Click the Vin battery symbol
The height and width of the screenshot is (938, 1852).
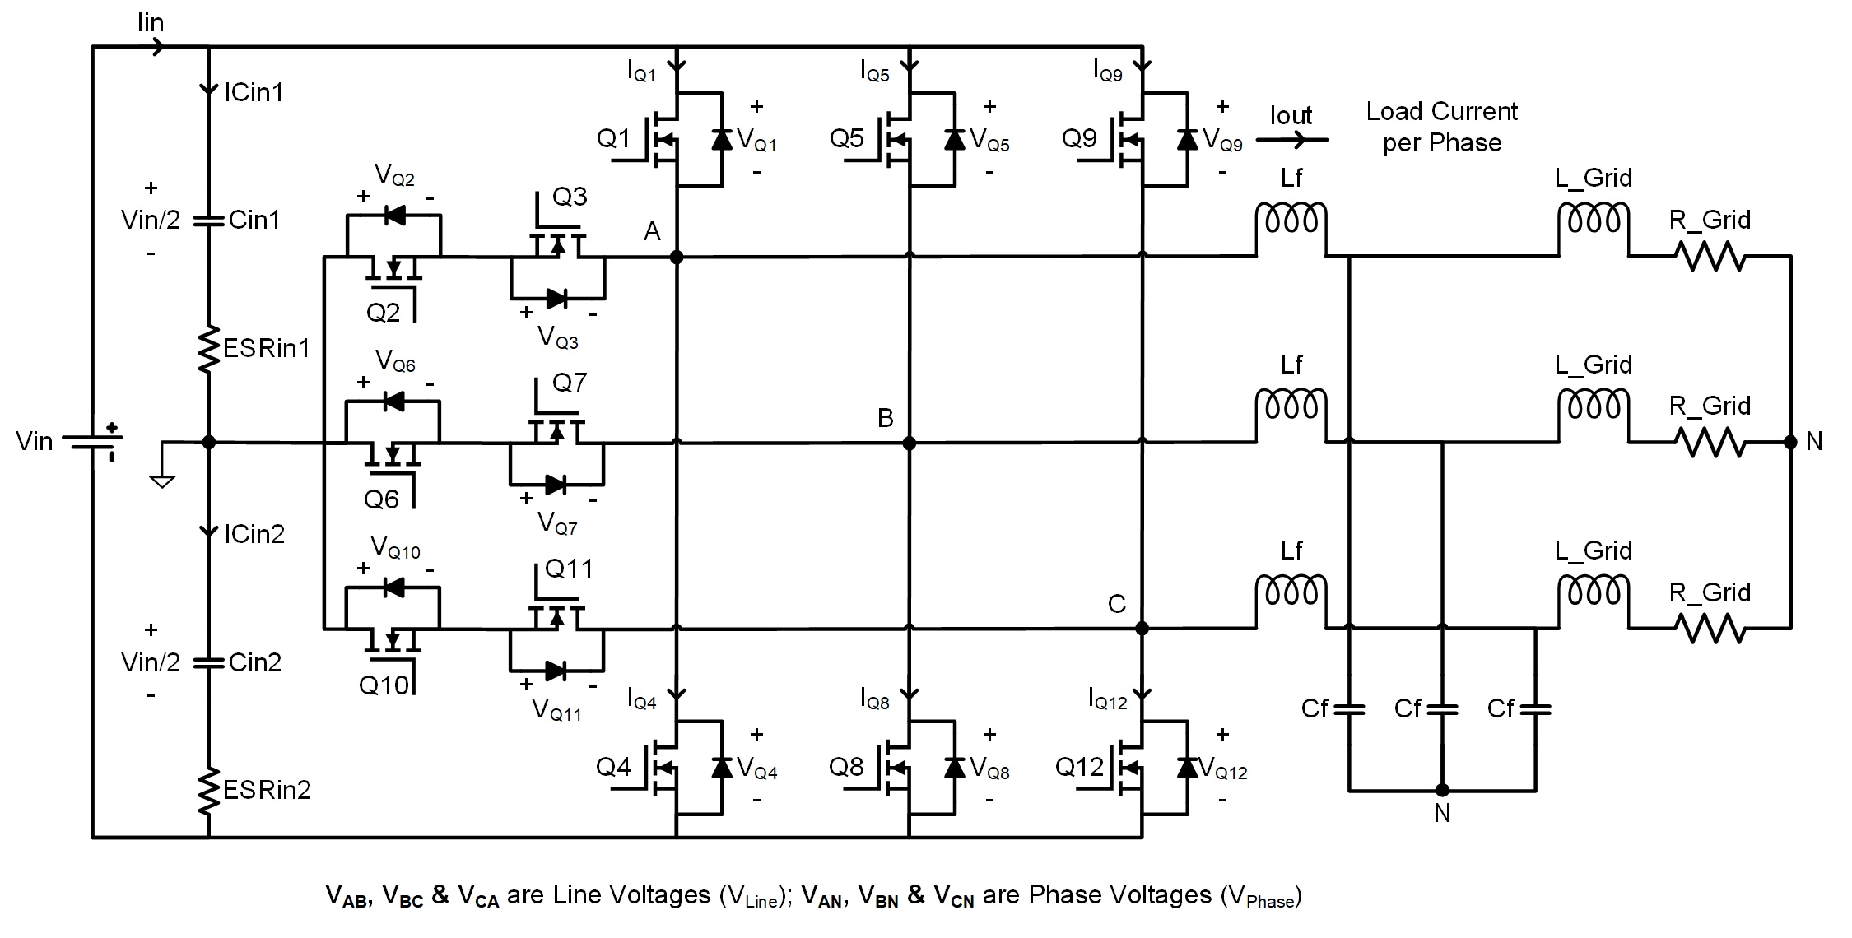(91, 442)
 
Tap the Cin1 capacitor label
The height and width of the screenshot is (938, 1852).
(254, 220)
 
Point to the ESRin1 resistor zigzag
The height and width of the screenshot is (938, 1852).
(208, 349)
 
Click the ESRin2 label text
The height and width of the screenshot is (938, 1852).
(268, 790)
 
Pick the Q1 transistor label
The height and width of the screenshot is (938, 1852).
(613, 138)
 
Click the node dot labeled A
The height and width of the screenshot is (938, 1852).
(677, 257)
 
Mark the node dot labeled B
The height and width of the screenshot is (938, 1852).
(910, 443)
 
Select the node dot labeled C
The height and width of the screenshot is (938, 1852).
(1142, 629)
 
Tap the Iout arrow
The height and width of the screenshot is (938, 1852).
(1291, 140)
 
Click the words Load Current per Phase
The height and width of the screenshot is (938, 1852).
(1442, 127)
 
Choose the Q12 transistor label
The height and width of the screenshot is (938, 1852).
(1079, 767)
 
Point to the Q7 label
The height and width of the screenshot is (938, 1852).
(570, 382)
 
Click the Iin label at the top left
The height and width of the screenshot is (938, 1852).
(151, 22)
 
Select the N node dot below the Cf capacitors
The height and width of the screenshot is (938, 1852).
(1442, 791)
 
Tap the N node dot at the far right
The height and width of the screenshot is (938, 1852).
(1790, 442)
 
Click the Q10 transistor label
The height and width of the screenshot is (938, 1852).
(384, 685)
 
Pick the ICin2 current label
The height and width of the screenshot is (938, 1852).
(254, 534)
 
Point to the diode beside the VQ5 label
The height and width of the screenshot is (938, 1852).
(955, 139)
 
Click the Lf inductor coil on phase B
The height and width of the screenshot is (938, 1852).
(1291, 405)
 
